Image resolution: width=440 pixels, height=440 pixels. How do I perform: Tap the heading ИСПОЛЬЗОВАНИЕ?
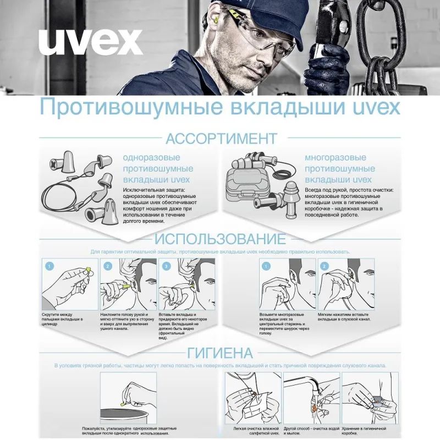click(x=220, y=239)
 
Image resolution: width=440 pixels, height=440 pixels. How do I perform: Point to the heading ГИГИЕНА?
click(x=220, y=353)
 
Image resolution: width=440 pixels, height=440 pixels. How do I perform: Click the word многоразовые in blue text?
click(x=335, y=158)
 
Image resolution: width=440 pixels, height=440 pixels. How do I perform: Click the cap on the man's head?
click(x=258, y=16)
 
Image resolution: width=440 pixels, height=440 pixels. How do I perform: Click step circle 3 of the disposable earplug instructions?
click(x=166, y=266)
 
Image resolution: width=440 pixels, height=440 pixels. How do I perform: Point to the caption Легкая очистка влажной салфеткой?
click(x=254, y=431)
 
